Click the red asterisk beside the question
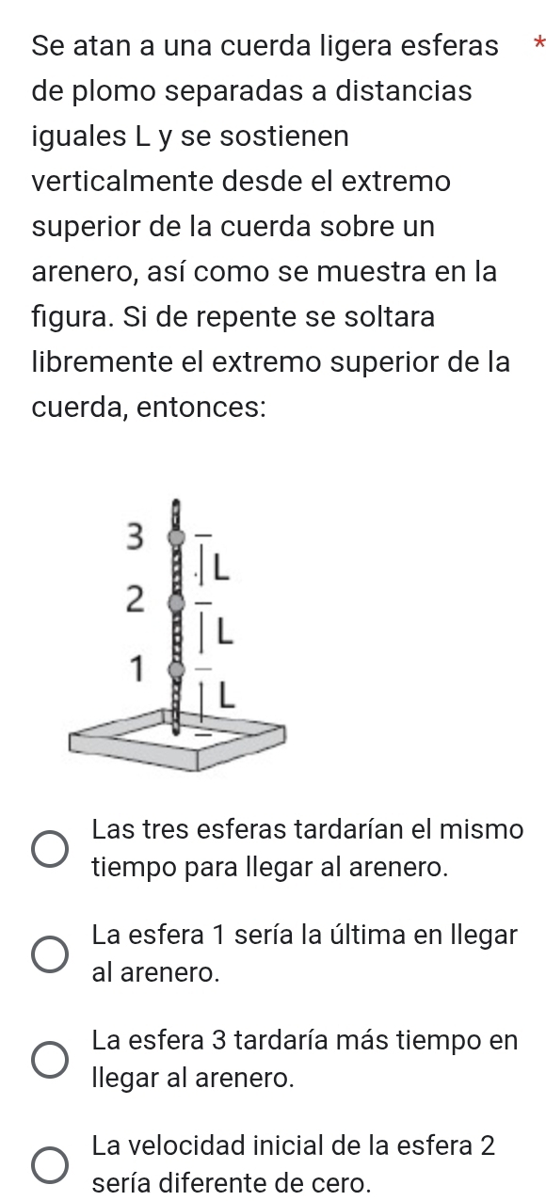[539, 41]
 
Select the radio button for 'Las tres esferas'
[50, 849]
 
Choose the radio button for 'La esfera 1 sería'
[50, 954]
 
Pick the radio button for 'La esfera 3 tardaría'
[50, 1060]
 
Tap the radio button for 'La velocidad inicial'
[50, 1165]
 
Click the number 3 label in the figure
[136, 536]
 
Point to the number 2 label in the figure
[136, 599]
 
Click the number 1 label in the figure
[137, 668]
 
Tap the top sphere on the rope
[176, 536]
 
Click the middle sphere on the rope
[176, 602]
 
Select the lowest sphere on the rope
[176, 669]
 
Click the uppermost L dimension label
[221, 568]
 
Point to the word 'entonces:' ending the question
[201, 408]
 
